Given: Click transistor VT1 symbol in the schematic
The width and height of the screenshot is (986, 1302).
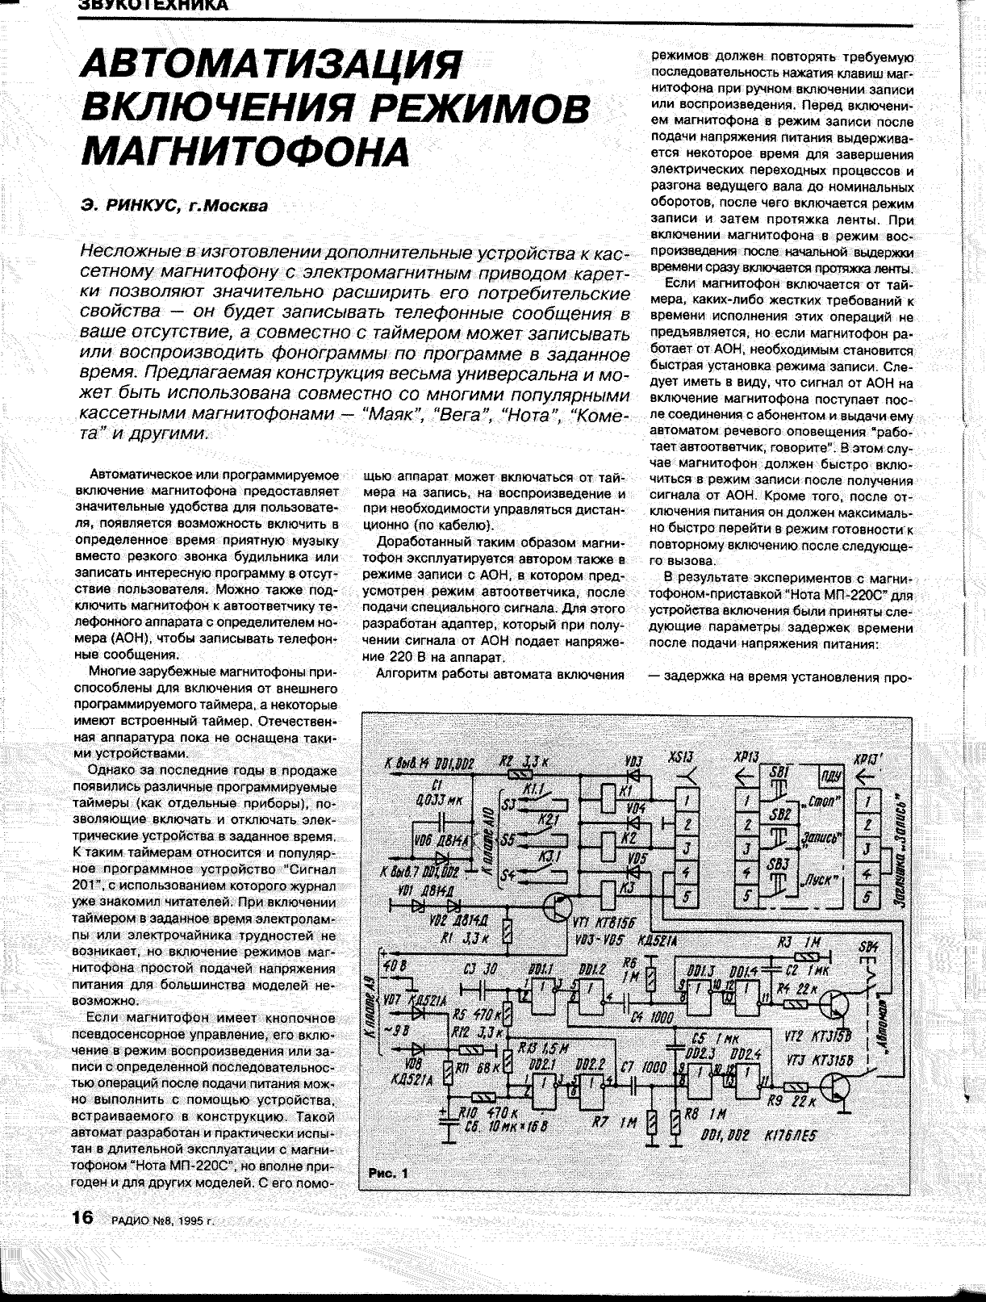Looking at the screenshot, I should pyautogui.click(x=556, y=907).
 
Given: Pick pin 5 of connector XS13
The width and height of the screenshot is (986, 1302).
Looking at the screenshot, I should pyautogui.click(x=685, y=895).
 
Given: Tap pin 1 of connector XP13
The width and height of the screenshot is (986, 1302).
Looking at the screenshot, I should pyautogui.click(x=747, y=801).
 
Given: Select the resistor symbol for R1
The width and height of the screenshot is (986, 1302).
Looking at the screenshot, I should pyautogui.click(x=506, y=934).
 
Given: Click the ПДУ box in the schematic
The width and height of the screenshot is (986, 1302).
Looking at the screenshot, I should pyautogui.click(x=829, y=777).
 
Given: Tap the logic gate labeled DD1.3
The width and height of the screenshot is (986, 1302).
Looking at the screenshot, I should pyautogui.click(x=697, y=990).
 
